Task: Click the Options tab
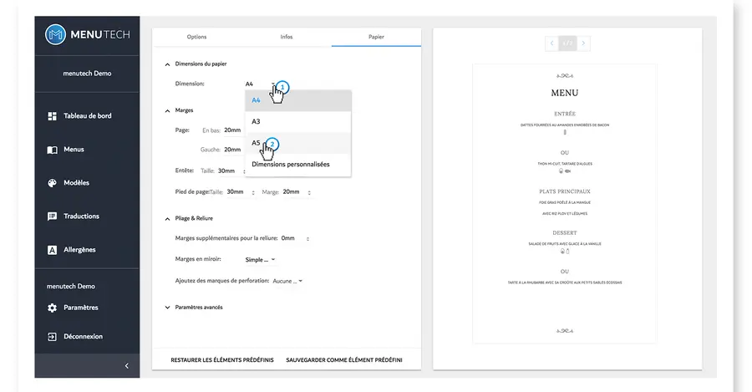[196, 37]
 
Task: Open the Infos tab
[287, 37]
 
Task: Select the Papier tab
[376, 37]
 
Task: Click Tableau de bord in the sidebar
[87, 116]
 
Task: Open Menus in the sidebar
[74, 150]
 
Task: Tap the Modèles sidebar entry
[76, 183]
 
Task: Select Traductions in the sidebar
[81, 216]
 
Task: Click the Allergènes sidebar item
[79, 250]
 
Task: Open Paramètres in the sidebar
[80, 308]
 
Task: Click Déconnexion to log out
[83, 337]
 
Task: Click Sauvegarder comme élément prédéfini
[343, 359]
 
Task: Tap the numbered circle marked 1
[282, 86]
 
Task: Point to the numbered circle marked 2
[271, 144]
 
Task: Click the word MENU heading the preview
[564, 93]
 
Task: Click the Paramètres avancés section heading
[199, 308]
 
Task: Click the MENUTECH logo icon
[55, 34]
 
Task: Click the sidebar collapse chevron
[126, 365]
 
